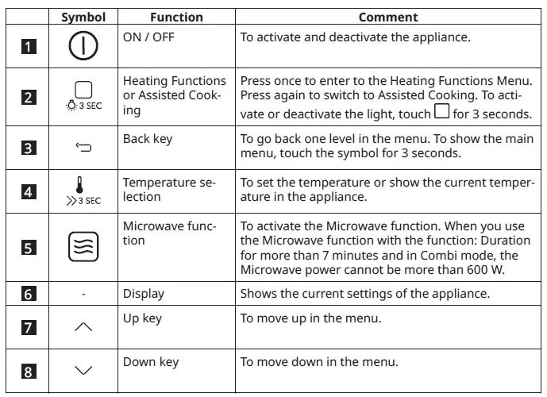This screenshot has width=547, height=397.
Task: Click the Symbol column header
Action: [83, 17]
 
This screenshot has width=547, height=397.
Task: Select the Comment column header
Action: [388, 17]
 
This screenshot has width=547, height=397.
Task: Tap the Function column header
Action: [176, 17]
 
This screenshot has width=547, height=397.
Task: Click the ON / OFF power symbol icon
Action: [83, 46]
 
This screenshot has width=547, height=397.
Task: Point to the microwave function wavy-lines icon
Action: [83, 247]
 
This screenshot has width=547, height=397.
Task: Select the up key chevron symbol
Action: [83, 326]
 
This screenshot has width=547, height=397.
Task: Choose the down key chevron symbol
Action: [83, 369]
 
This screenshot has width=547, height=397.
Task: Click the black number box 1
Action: [29, 47]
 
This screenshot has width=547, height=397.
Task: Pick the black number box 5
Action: [29, 248]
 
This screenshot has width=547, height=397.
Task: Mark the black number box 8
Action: [29, 370]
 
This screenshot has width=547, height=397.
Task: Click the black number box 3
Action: [29, 147]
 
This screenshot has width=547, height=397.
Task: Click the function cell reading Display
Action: [144, 294]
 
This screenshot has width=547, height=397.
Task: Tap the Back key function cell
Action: [148, 139]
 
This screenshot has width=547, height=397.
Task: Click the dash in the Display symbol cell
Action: [83, 295]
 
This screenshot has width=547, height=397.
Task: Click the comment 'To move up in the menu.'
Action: [311, 319]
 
